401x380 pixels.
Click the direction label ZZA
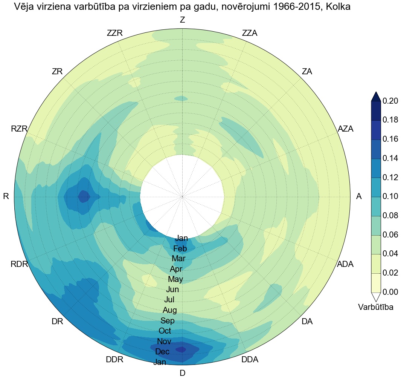pyautogui.click(x=250, y=33)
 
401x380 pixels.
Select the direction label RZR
pyautogui.click(x=19, y=129)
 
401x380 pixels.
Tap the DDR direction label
pyautogui.click(x=114, y=359)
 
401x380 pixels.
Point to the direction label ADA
pyautogui.click(x=345, y=264)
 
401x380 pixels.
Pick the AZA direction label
pyautogui.click(x=346, y=129)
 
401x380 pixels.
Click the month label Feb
pyautogui.click(x=180, y=248)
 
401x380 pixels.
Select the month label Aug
pyautogui.click(x=169, y=310)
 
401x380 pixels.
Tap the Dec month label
pyautogui.click(x=162, y=351)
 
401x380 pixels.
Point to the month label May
pyautogui.click(x=175, y=279)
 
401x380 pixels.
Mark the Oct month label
pyautogui.click(x=165, y=331)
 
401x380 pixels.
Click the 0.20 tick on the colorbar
pyautogui.click(x=390, y=101)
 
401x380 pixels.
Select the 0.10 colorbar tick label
pyautogui.click(x=390, y=196)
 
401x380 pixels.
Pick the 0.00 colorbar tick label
pyautogui.click(x=390, y=292)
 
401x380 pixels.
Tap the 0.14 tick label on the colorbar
pyautogui.click(x=390, y=158)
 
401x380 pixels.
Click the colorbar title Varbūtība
pyautogui.click(x=376, y=307)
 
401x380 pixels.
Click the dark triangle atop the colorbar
pyautogui.click(x=376, y=97)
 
